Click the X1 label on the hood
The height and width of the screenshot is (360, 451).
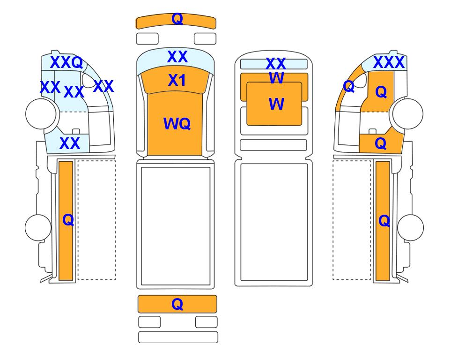[x=177, y=80]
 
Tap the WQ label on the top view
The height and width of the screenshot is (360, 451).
[x=177, y=124]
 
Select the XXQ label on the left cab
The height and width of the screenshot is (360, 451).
[x=67, y=62]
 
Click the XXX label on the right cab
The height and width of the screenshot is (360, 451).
[x=389, y=62]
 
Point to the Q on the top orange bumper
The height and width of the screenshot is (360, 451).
[x=177, y=19]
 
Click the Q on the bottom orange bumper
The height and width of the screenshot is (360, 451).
[x=177, y=304]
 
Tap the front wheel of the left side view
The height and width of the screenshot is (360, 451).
[x=41, y=113]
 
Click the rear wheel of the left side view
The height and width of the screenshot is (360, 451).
[x=38, y=227]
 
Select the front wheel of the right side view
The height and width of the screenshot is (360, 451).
[x=408, y=113]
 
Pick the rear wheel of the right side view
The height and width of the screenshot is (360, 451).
[x=410, y=227]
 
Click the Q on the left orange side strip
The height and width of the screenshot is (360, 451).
[x=68, y=220]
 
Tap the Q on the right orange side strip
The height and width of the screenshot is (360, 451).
[x=384, y=221]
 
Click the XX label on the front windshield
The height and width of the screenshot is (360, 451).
[x=177, y=56]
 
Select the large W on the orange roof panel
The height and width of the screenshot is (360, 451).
[x=276, y=104]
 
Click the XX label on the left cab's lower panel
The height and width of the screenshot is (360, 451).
[x=70, y=143]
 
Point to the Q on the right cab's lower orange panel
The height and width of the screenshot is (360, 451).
[x=381, y=143]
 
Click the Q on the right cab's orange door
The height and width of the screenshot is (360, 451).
[x=381, y=92]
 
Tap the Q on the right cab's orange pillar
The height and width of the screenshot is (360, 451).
[x=349, y=86]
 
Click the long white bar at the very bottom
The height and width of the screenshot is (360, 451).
[x=178, y=337]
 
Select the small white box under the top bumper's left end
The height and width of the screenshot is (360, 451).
[x=147, y=39]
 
